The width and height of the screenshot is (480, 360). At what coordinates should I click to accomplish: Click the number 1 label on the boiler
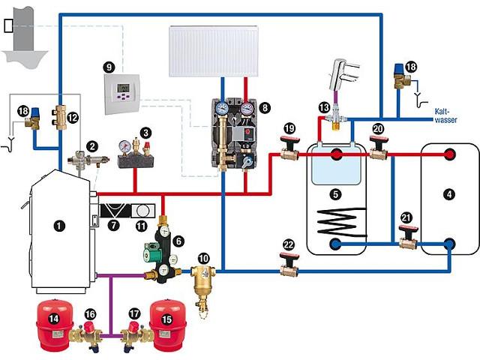(59, 226)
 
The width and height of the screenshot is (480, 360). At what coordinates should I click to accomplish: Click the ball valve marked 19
(289, 148)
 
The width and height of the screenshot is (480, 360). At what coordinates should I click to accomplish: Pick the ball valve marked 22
(289, 265)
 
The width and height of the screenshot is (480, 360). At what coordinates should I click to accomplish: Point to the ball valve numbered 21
(408, 237)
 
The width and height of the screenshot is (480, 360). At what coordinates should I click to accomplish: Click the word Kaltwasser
(445, 115)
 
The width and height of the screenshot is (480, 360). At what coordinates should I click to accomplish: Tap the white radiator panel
(214, 51)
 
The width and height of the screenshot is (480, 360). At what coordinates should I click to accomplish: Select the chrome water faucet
(343, 75)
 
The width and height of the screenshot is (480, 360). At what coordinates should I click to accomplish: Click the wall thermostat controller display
(123, 88)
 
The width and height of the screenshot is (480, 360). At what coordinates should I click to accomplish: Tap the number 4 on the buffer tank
(449, 194)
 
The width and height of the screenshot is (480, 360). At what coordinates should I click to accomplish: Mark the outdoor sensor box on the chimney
(8, 25)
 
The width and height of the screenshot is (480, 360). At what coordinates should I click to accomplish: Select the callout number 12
(73, 118)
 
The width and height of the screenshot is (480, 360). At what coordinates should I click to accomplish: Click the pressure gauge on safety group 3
(124, 146)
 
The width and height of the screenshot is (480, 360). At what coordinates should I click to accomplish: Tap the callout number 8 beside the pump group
(265, 107)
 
